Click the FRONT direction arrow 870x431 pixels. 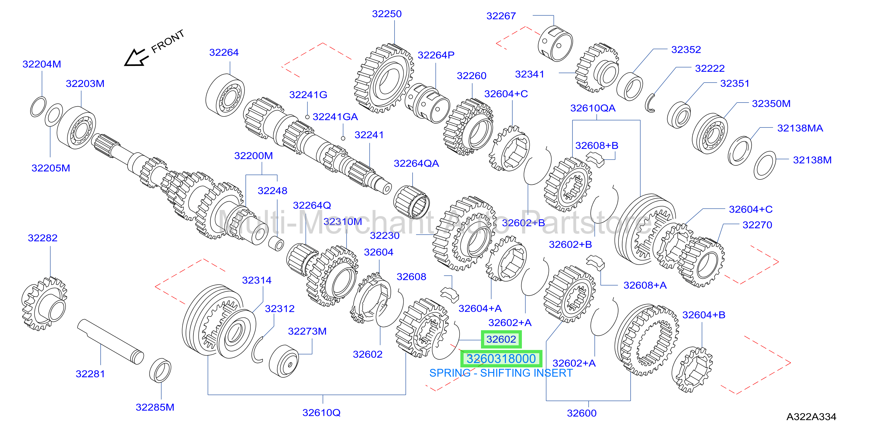(x=136, y=58)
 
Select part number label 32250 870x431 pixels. (x=387, y=14)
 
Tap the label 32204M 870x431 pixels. (x=42, y=64)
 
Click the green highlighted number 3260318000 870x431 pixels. (x=501, y=359)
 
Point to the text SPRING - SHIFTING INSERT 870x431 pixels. (x=501, y=373)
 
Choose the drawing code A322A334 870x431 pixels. (x=811, y=417)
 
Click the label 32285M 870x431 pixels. (x=155, y=407)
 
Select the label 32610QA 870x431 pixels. (x=593, y=108)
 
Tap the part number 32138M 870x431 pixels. (x=812, y=160)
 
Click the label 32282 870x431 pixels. (x=43, y=238)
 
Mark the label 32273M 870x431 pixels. (x=307, y=331)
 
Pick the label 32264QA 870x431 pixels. (x=416, y=164)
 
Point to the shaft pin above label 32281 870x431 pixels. (x=111, y=342)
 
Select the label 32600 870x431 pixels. (x=582, y=413)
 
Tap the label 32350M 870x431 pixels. (x=771, y=103)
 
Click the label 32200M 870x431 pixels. (x=254, y=156)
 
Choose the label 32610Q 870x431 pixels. (x=321, y=413)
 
